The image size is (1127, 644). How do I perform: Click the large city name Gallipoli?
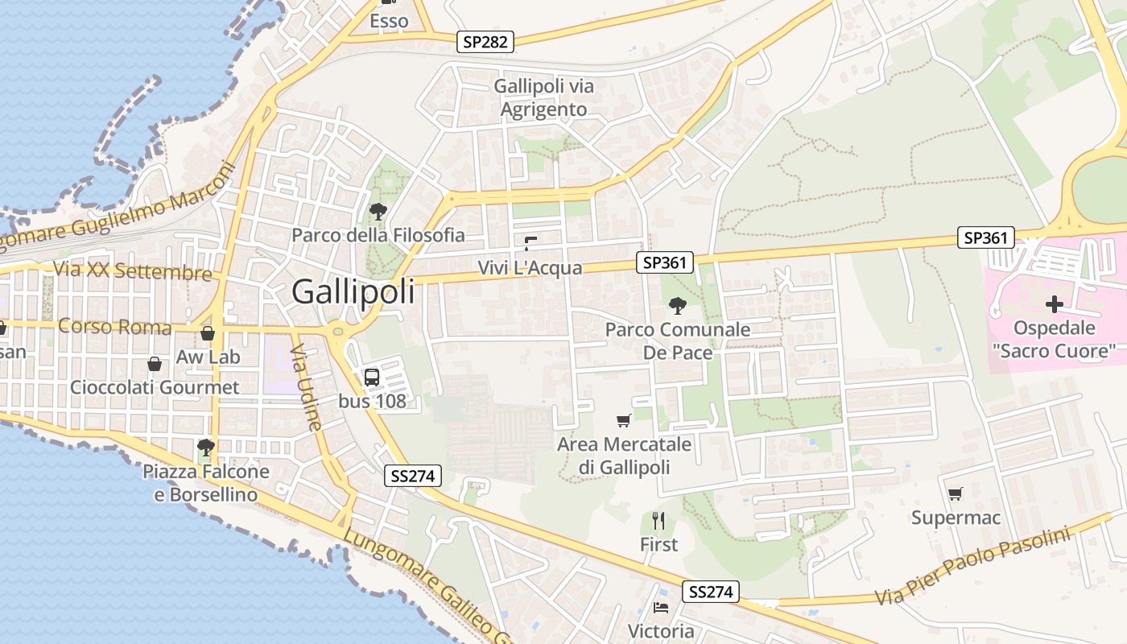(353, 291)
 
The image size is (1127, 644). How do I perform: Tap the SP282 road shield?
(486, 42)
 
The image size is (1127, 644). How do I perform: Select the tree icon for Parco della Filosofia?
(378, 212)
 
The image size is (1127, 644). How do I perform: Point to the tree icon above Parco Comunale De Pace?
(678, 306)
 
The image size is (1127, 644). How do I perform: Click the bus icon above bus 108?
(372, 377)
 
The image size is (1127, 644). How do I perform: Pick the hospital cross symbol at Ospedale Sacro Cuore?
(1054, 304)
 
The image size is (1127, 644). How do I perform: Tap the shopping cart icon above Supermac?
(956, 493)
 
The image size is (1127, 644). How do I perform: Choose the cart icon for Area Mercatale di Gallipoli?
(623, 420)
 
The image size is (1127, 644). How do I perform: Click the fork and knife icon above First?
(658, 521)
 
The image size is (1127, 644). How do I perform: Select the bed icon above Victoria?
(661, 607)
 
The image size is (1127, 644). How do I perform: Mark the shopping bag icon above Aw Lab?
(208, 332)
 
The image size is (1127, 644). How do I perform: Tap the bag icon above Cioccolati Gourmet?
(155, 364)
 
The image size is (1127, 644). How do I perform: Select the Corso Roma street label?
(115, 327)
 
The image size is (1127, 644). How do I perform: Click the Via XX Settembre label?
(133, 270)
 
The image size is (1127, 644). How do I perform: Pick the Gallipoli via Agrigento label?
(544, 97)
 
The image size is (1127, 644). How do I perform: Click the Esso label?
(389, 22)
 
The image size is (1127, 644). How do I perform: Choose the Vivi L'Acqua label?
(530, 267)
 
